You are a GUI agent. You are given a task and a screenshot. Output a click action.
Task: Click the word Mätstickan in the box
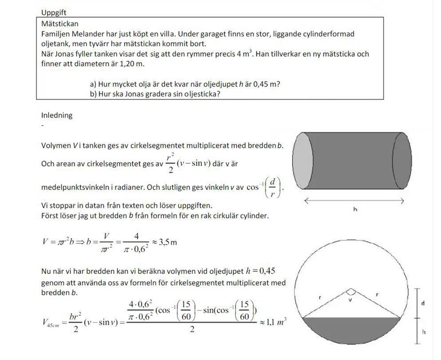tap(60, 24)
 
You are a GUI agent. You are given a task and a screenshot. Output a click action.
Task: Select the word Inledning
tap(57, 116)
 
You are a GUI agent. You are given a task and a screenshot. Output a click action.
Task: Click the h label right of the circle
tap(423, 332)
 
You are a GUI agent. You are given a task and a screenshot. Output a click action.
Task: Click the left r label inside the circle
tap(320, 297)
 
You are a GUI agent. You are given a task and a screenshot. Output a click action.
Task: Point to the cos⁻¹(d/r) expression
tap(265, 187)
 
